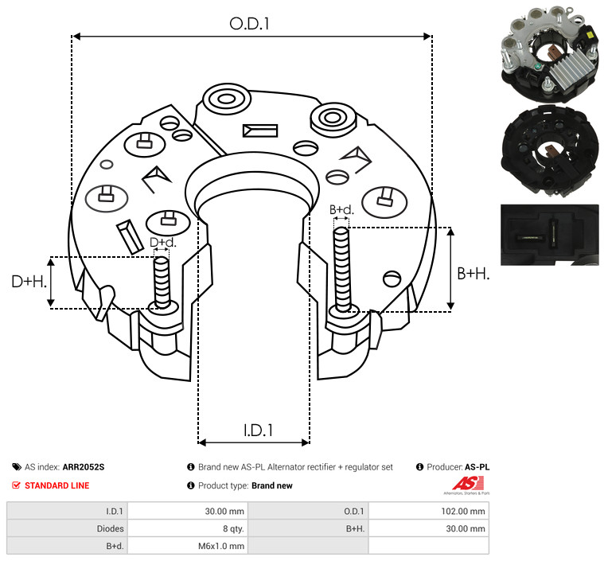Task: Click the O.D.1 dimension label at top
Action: [249, 24]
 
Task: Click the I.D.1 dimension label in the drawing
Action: [258, 430]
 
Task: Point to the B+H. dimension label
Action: [473, 274]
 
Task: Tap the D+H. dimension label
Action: [29, 282]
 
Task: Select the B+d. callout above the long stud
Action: [341, 209]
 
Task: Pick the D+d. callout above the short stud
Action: [162, 243]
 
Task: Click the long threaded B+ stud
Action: [341, 269]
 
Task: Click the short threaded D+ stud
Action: [162, 282]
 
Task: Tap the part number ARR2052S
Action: [84, 467]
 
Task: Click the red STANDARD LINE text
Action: [57, 485]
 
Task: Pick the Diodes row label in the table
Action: [110, 528]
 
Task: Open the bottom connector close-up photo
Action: [550, 235]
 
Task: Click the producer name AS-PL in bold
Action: [477, 467]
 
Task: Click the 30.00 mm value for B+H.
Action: [466, 528]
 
